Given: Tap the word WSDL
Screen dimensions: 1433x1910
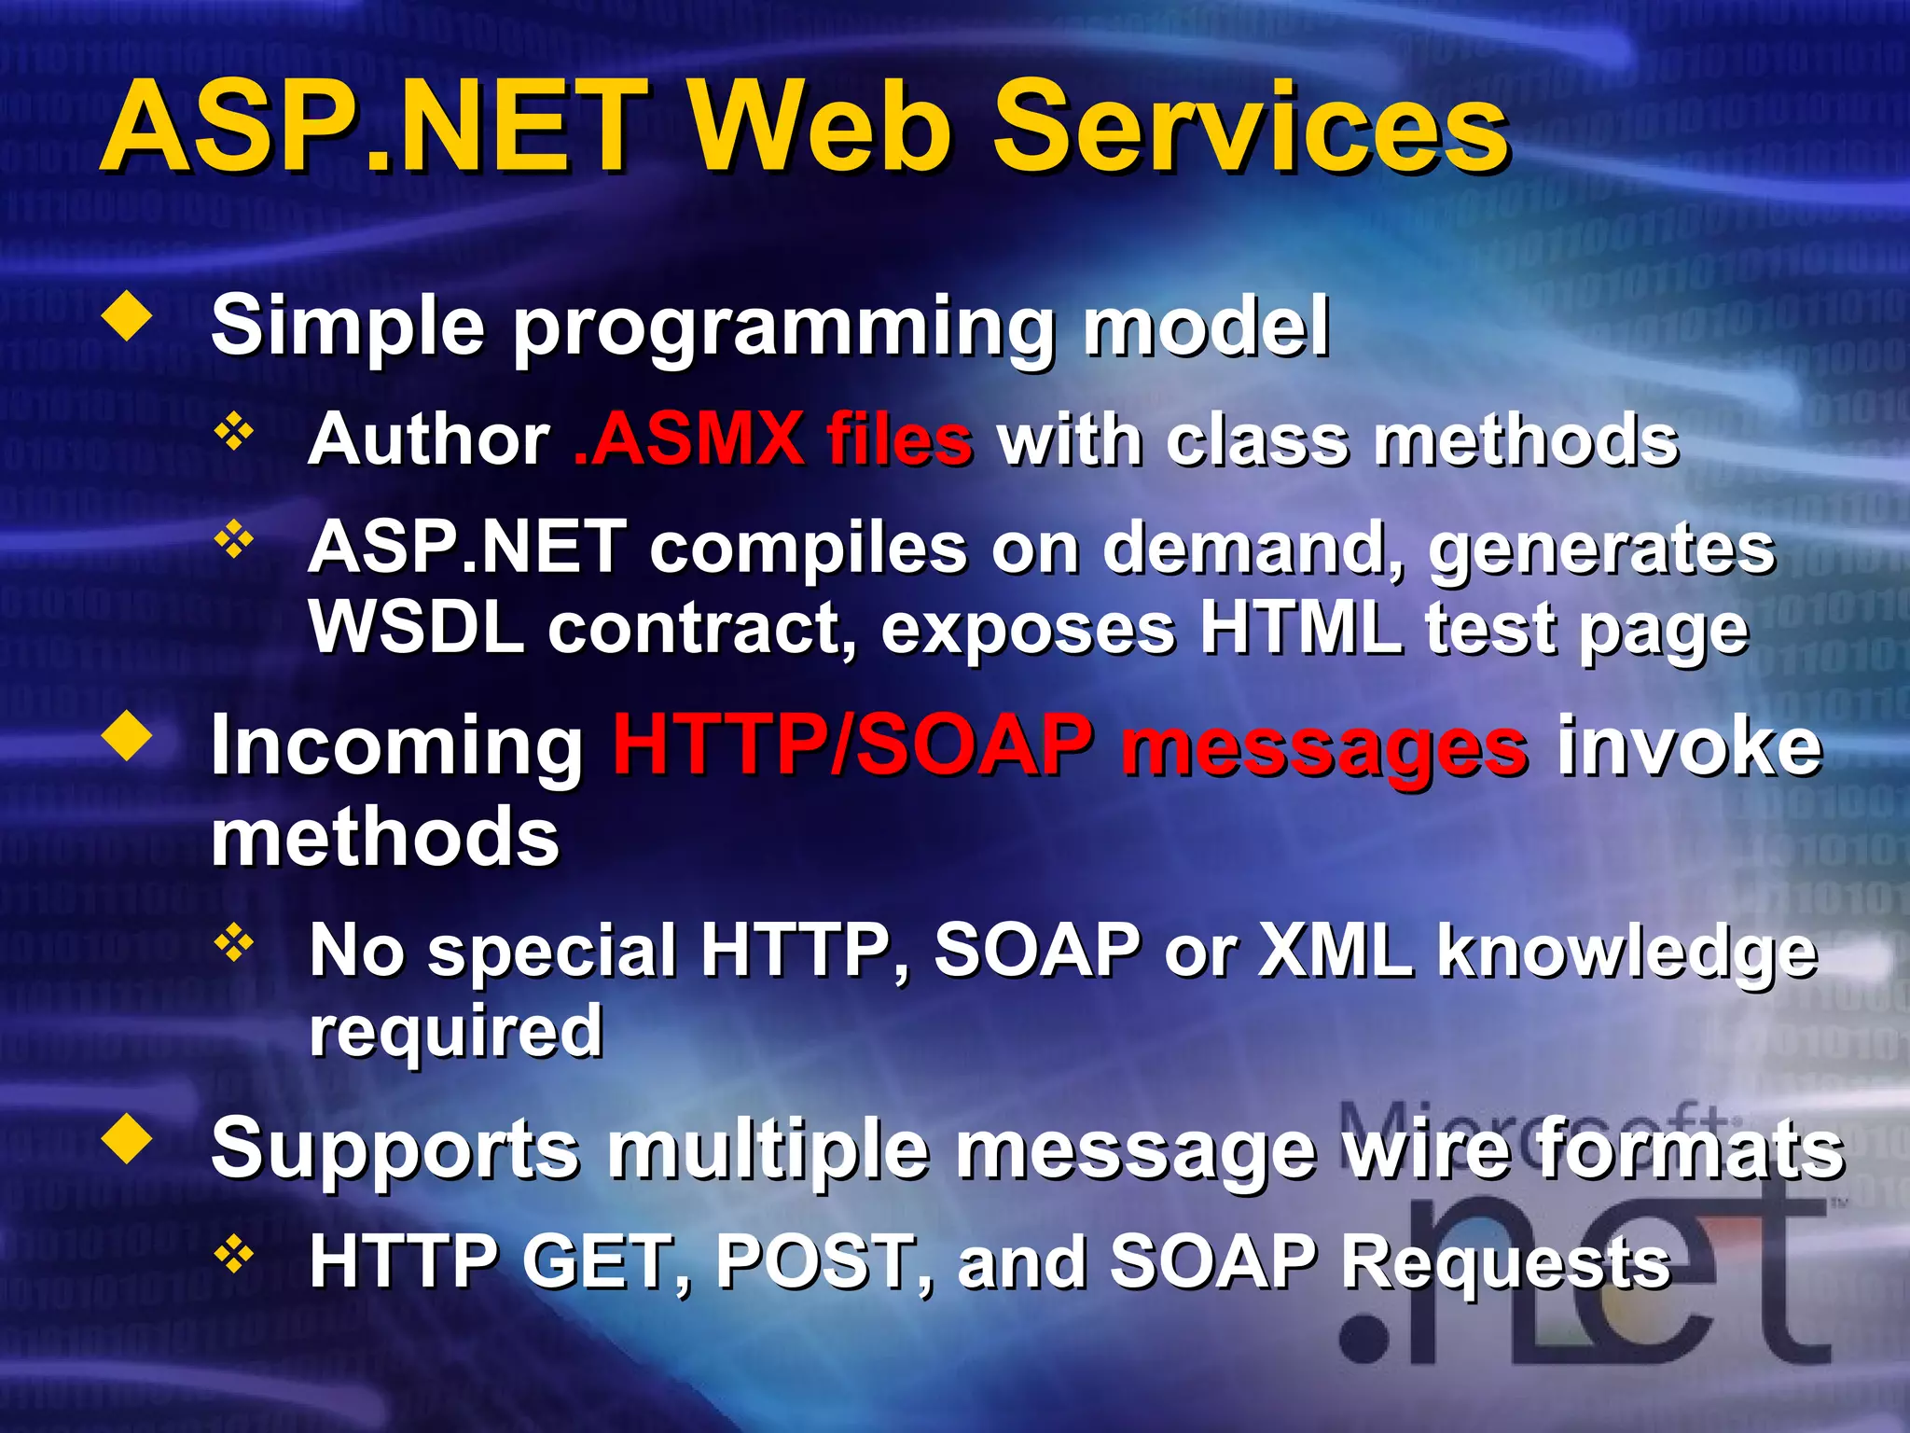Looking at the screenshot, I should click(416, 627).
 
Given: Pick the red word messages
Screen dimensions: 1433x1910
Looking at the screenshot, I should click(1324, 748).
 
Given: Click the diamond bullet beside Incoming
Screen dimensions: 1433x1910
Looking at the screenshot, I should click(128, 736).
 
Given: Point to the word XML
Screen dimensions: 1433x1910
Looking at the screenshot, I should click(1335, 950).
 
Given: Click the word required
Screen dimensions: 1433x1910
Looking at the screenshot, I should click(456, 1032).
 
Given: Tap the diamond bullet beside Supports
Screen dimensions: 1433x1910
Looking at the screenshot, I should click(128, 1139).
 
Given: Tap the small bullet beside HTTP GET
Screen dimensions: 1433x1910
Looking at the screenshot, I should click(234, 1255).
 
